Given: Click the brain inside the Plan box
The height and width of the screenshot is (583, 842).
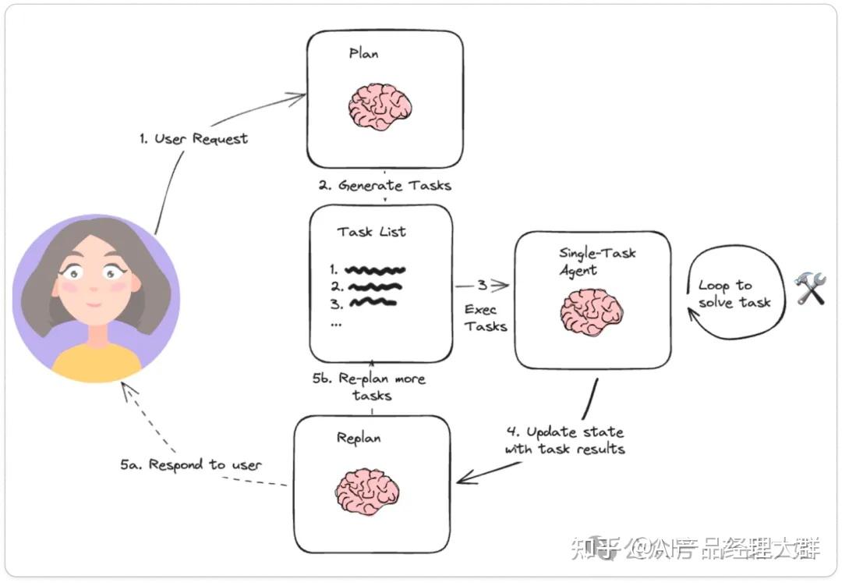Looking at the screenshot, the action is [380, 107].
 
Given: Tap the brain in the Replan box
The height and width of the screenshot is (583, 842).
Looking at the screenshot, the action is [367, 492].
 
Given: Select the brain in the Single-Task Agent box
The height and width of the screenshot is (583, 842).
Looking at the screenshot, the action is [592, 313].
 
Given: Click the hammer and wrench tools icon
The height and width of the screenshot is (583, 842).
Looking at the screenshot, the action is [810, 288].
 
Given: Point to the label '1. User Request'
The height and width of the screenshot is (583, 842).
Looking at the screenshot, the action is [194, 139].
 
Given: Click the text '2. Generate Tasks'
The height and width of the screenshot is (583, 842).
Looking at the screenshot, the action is [384, 186].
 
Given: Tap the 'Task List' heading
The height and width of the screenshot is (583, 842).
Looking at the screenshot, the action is [372, 232].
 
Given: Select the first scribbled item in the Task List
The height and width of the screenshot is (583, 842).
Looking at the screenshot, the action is [375, 270].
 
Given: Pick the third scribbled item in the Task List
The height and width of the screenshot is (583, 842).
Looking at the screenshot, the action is [373, 303].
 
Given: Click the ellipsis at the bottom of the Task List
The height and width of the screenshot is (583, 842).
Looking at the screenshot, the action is [336, 325].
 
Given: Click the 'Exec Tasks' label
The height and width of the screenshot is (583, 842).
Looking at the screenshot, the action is [486, 318].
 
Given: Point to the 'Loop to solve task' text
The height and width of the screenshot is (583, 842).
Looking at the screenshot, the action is [734, 293].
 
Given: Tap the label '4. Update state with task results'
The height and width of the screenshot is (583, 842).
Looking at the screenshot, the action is [565, 440].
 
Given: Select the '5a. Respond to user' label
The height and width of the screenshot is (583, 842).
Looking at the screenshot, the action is [191, 464].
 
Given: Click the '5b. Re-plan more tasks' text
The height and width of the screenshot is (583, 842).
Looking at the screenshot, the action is [369, 387].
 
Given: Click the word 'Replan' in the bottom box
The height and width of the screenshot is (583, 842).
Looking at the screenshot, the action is [359, 438].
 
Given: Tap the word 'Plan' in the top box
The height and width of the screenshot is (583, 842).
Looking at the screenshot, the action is [363, 53].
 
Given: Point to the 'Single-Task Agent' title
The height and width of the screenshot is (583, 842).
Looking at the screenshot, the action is [597, 261].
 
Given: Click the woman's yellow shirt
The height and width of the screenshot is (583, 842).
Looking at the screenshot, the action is [97, 363].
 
